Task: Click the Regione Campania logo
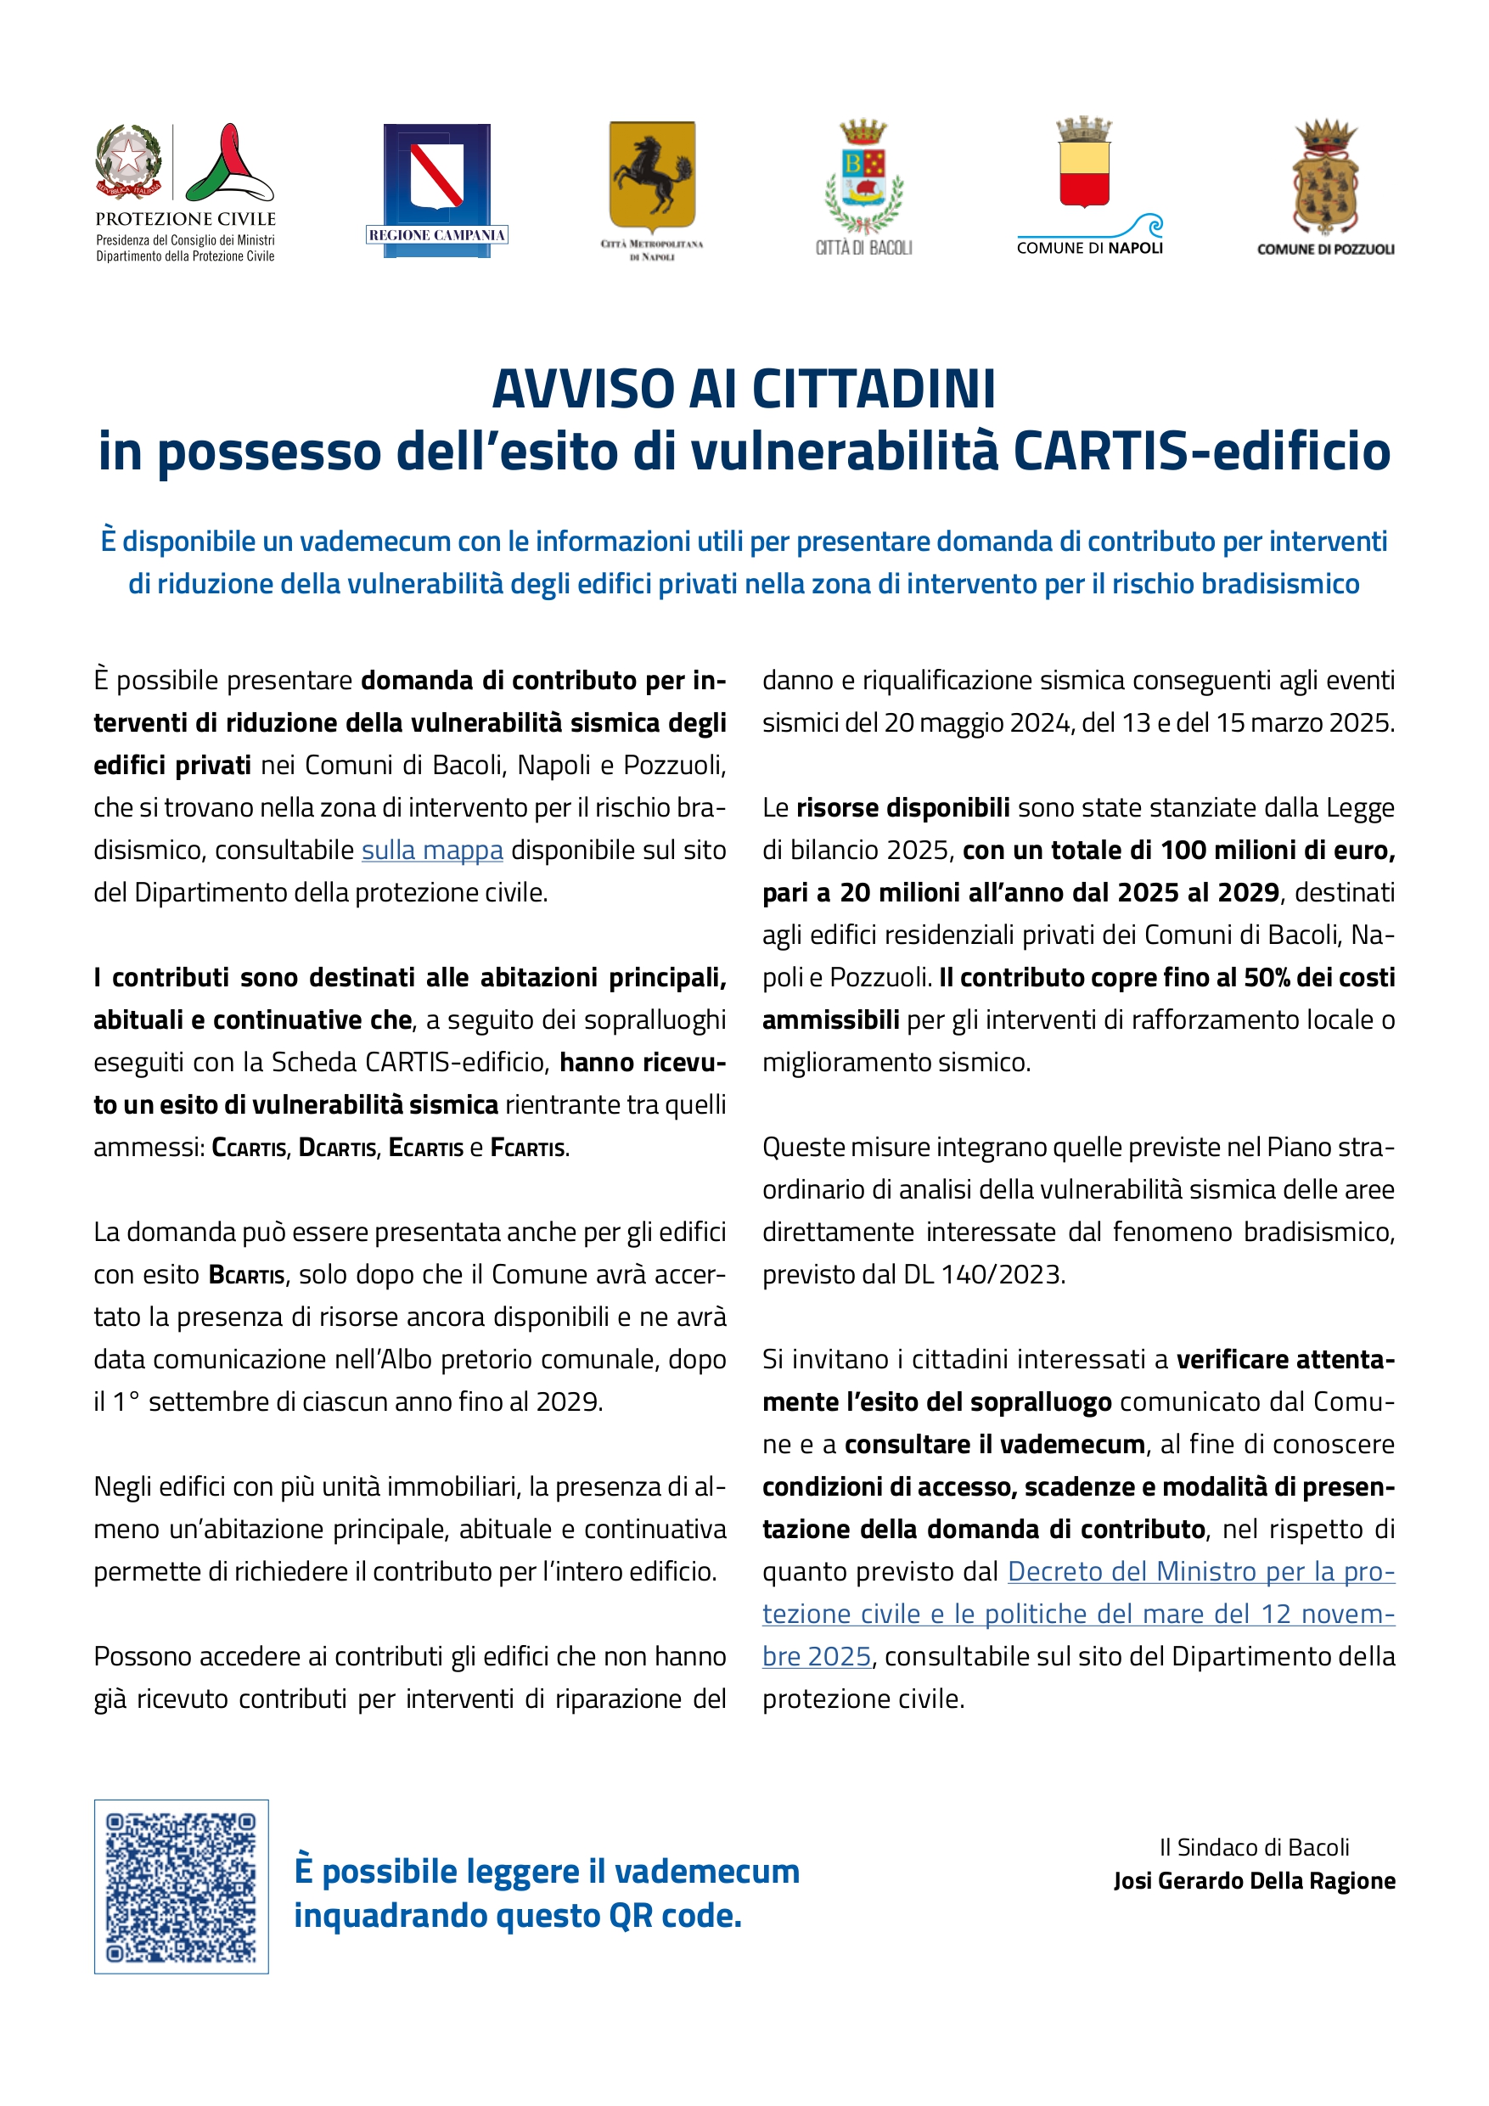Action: click(x=436, y=190)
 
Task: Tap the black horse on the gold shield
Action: click(x=652, y=174)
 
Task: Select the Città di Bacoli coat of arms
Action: click(x=863, y=176)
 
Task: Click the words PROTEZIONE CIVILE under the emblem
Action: click(x=185, y=219)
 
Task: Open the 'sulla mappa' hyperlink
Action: click(x=432, y=851)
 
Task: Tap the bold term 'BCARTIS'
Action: click(x=247, y=1275)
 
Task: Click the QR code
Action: click(x=182, y=1887)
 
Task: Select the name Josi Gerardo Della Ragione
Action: click(x=1254, y=1881)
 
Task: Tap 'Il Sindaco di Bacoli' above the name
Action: click(x=1254, y=1847)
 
